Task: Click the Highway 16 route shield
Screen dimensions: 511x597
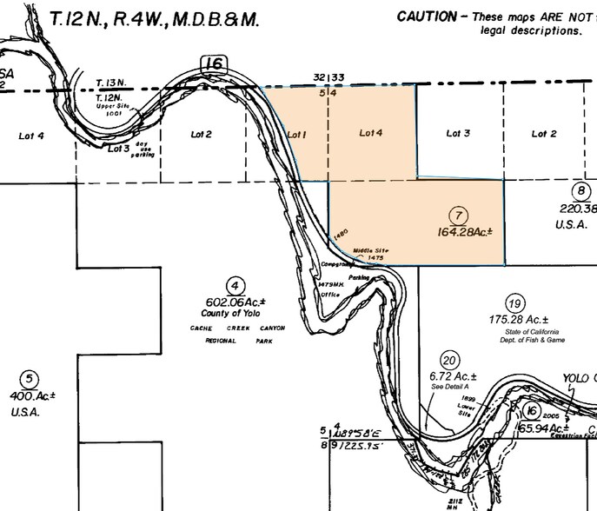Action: coord(214,63)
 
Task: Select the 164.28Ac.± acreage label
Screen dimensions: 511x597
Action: coord(466,232)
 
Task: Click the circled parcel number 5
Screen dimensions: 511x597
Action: coord(30,379)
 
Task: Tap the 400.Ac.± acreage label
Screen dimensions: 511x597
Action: coord(33,395)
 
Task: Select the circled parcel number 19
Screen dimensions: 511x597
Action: coord(515,303)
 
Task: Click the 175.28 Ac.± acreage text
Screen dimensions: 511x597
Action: coord(517,319)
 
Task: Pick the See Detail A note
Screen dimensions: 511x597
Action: coord(449,385)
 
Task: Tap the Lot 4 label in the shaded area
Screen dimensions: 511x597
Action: coord(371,133)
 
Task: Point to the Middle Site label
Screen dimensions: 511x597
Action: coord(368,250)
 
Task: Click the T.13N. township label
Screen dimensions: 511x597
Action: coord(110,83)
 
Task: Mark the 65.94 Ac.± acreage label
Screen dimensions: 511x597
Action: coord(543,428)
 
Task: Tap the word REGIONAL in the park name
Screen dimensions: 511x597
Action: coord(222,341)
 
